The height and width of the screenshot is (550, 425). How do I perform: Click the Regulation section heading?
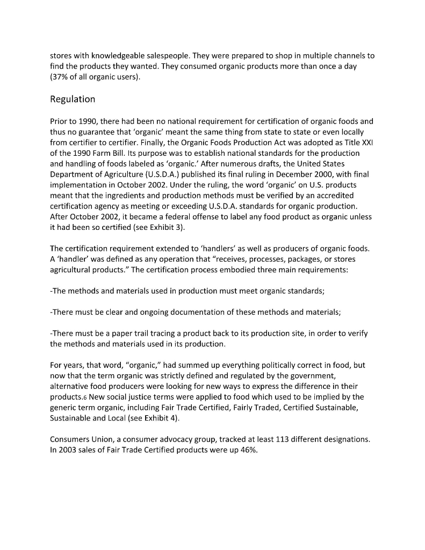tap(73, 99)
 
